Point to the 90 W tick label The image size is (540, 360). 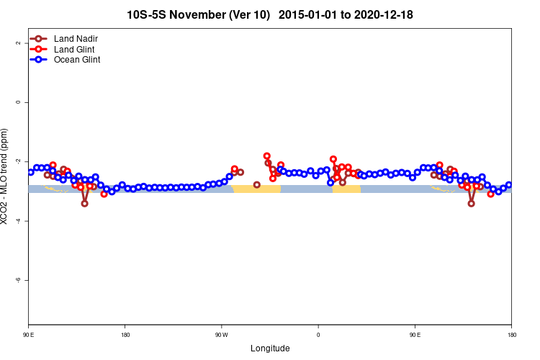coord(220,334)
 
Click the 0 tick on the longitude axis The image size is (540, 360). coord(318,334)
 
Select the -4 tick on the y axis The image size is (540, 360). coord(16,220)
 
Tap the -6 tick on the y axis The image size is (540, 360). coord(16,279)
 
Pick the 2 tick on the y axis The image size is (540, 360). coord(16,43)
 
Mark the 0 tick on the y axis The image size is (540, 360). coord(16,102)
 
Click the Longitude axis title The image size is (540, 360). coord(270,348)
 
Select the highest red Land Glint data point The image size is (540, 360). coord(266,156)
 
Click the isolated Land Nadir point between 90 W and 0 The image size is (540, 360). coord(257,185)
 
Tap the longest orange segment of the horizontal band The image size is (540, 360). coord(256,189)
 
